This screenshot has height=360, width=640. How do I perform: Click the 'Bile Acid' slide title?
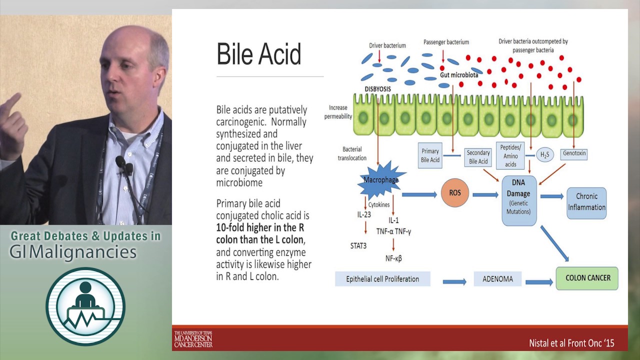[258, 54]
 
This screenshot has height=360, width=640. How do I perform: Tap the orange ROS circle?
[455, 192]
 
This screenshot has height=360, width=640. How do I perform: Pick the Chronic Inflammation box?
[586, 202]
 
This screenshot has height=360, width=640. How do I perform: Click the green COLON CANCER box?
[587, 278]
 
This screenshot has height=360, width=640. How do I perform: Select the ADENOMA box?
[497, 279]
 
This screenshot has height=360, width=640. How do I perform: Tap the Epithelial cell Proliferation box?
[382, 279]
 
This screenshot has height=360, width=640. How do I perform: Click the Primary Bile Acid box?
[430, 155]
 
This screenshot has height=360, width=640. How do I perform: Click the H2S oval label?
[544, 155]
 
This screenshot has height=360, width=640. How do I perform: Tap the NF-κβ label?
[394, 258]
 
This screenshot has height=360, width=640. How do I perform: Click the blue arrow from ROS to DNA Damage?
[485, 194]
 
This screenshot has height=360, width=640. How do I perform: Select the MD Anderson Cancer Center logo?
[193, 339]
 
